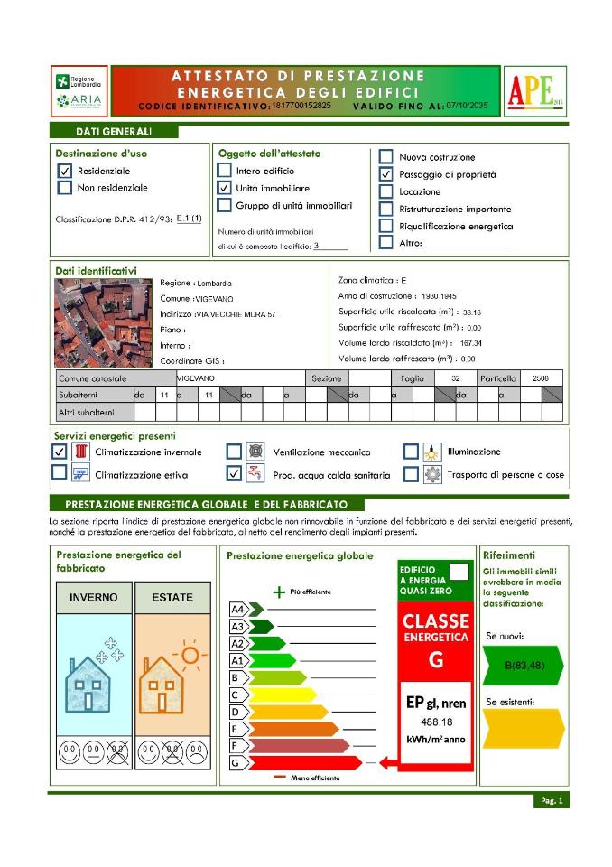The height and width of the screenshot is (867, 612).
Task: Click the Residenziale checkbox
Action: pos(64,171)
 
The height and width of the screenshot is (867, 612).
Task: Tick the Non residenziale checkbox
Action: pos(64,188)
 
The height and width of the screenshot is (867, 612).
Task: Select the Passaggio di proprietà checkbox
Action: pos(385,174)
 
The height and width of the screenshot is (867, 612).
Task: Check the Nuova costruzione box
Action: pos(385,157)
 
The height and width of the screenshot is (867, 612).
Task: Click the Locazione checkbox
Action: pos(385,191)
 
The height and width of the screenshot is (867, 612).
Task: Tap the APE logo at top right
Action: pos(534,90)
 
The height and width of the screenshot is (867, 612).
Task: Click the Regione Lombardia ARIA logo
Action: pos(79,90)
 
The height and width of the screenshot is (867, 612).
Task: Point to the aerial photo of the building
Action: pos(104,322)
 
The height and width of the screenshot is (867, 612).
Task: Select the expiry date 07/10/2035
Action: pos(467,106)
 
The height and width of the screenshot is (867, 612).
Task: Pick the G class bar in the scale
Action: pos(298,763)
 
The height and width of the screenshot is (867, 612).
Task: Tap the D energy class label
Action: pos(236,712)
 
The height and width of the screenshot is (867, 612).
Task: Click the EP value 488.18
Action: pos(436,722)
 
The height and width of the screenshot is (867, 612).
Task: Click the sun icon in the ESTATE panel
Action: pos(189,652)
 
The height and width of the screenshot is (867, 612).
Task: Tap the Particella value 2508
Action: pos(541,378)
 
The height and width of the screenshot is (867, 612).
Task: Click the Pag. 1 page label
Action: pos(551,801)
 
